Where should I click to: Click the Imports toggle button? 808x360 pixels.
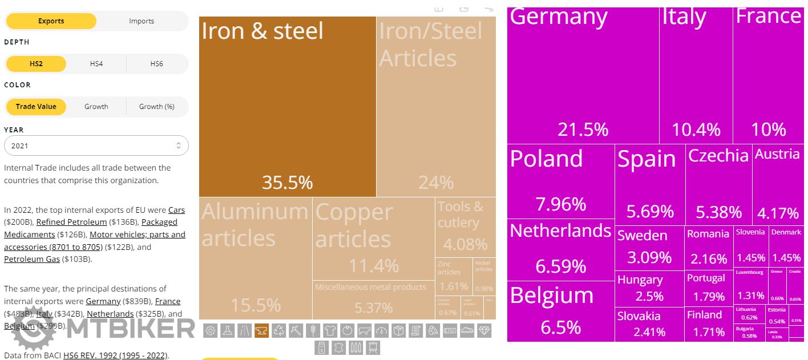pyautogui.click(x=142, y=21)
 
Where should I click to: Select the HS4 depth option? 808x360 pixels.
pyautogui.click(x=96, y=63)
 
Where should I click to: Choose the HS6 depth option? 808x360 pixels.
pyautogui.click(x=156, y=63)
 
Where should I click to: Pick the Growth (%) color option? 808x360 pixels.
pyautogui.click(x=156, y=107)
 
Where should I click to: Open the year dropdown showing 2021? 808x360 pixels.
pyautogui.click(x=96, y=146)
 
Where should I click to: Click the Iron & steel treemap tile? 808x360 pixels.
pyautogui.click(x=287, y=106)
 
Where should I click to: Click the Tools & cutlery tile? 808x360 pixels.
pyautogui.click(x=465, y=226)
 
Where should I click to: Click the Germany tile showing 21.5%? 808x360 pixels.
pyautogui.click(x=583, y=74)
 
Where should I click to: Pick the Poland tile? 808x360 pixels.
pyautogui.click(x=560, y=181)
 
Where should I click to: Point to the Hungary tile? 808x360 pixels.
pyautogui.click(x=649, y=288)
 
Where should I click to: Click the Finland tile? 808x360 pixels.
pyautogui.click(x=709, y=323)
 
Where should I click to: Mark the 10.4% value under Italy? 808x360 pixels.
pyautogui.click(x=696, y=130)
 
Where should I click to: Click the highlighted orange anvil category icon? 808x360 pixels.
pyautogui.click(x=261, y=331)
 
